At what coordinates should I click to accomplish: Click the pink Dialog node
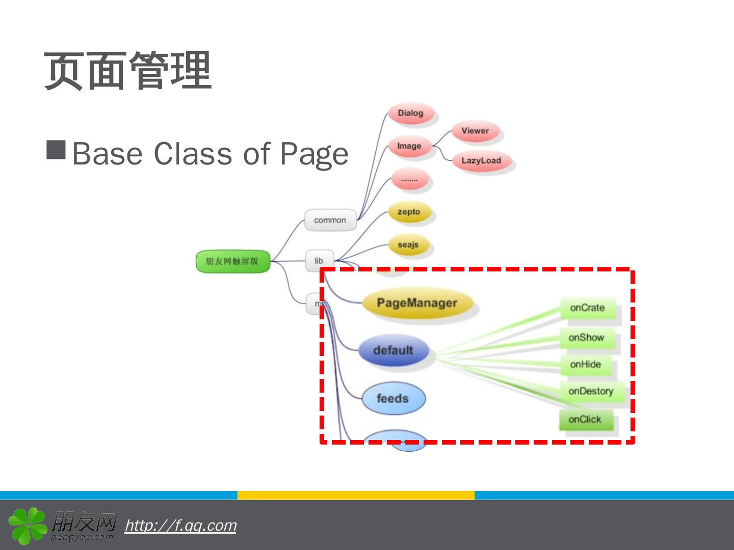point(411,113)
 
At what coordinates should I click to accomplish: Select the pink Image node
point(409,146)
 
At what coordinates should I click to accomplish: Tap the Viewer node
point(475,131)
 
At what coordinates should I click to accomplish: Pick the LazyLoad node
point(481,160)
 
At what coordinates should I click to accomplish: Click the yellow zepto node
point(409,212)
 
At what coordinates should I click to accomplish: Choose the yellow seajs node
point(408,244)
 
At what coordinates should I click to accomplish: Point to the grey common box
point(330,220)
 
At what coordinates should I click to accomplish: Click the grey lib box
point(319,261)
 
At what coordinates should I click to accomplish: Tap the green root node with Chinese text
point(232,261)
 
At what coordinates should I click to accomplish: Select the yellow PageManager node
point(417,303)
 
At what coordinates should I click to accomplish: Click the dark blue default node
point(393,350)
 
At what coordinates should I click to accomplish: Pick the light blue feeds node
point(393,398)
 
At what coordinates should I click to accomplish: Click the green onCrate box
point(587,308)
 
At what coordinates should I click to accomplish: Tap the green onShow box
point(586,338)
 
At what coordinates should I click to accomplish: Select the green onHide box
point(586,365)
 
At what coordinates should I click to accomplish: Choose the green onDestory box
point(591,391)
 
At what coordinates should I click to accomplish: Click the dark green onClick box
point(585,420)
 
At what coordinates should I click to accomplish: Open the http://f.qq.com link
point(180,525)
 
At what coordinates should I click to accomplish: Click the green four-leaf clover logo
point(28,525)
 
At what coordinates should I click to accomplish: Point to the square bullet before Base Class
point(56,150)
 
